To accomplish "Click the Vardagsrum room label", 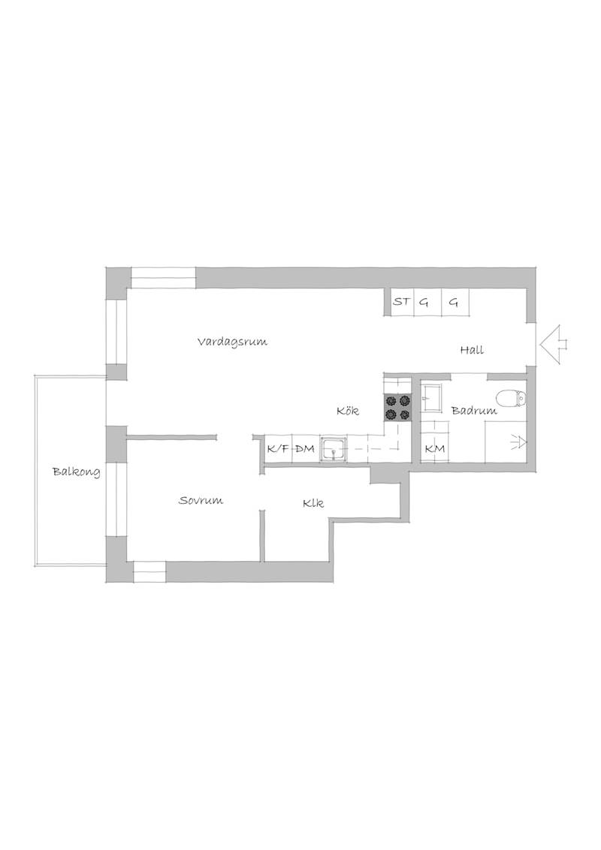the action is [x=232, y=342].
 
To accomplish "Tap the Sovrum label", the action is [x=201, y=500].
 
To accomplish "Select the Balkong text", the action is [x=77, y=472].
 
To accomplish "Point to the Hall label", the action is [x=472, y=350].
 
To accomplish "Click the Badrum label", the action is [x=474, y=411].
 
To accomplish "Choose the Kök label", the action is [x=348, y=411].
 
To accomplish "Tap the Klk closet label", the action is [x=313, y=503].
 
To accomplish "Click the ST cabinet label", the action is [x=401, y=301].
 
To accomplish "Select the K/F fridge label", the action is [x=278, y=449].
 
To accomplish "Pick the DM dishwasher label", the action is [x=305, y=449].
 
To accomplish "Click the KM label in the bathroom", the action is [x=434, y=449].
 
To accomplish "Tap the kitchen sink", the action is [x=334, y=449].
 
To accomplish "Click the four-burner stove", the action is [x=397, y=407].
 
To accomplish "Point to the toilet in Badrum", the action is [x=511, y=399].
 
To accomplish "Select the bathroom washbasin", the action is [x=433, y=398].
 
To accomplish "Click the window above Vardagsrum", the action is [x=163, y=278].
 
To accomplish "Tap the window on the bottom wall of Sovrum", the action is [x=149, y=572].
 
